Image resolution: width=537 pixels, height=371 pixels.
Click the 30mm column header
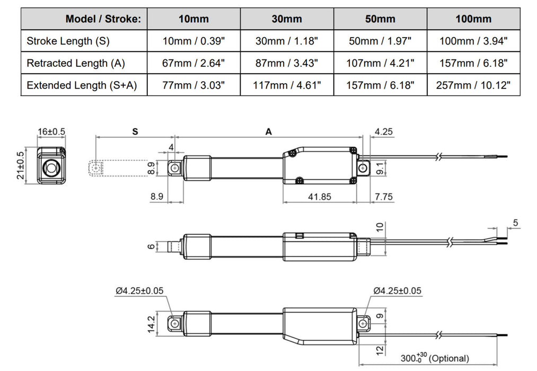(287, 19)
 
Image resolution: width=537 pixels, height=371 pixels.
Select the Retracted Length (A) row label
(76, 63)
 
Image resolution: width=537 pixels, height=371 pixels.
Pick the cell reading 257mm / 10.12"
(473, 85)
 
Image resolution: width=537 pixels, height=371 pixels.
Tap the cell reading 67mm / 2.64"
(193, 63)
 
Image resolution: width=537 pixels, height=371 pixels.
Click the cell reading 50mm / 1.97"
(380, 41)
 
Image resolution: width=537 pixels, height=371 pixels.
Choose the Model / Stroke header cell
(103, 19)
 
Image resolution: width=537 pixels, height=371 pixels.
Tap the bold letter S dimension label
(135, 132)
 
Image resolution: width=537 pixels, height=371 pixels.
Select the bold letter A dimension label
(269, 132)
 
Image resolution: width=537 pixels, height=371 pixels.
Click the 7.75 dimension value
(383, 197)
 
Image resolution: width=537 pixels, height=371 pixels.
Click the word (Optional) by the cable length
(448, 359)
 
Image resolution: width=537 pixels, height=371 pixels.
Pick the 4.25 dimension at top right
(383, 132)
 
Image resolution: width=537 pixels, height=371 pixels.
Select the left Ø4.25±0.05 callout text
(139, 290)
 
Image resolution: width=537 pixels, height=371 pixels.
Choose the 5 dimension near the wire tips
(515, 223)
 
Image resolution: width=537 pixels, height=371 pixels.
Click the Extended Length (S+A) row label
(82, 85)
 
